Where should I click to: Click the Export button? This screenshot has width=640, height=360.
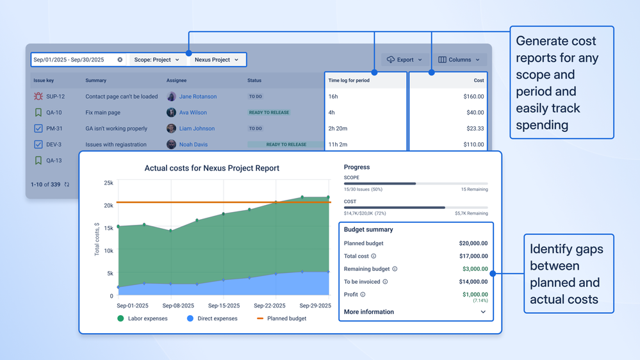pyautogui.click(x=404, y=60)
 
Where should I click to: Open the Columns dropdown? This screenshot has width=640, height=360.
pyautogui.click(x=459, y=60)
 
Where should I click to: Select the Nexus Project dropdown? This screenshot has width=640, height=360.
pyautogui.click(x=217, y=60)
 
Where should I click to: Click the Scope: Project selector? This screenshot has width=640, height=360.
pyautogui.click(x=156, y=60)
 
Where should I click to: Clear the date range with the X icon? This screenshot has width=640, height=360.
pyautogui.click(x=120, y=60)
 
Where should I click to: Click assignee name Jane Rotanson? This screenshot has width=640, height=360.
pyautogui.click(x=197, y=97)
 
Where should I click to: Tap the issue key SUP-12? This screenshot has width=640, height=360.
pyautogui.click(x=55, y=97)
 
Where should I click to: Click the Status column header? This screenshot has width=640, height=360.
pyautogui.click(x=254, y=81)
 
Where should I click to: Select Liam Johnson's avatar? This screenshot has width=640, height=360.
pyautogui.click(x=171, y=129)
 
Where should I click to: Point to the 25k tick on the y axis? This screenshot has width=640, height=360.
pyautogui.click(x=108, y=183)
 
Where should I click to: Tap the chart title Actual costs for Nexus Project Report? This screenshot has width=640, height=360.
pyautogui.click(x=211, y=168)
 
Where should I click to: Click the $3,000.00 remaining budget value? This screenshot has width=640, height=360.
pyautogui.click(x=475, y=269)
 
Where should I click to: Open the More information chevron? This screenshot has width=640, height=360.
pyautogui.click(x=483, y=312)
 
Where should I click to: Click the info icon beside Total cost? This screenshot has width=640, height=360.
pyautogui.click(x=373, y=256)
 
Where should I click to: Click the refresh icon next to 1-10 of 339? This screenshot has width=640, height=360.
pyautogui.click(x=67, y=184)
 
